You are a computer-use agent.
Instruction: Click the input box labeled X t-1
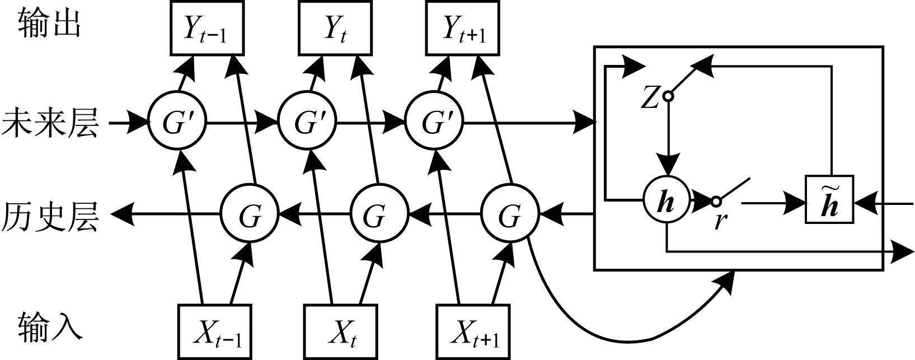click(x=215, y=331)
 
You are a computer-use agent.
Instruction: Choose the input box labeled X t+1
click(x=473, y=331)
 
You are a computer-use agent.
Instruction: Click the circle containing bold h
click(x=666, y=200)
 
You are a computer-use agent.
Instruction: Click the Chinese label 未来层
click(x=50, y=123)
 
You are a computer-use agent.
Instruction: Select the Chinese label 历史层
click(x=50, y=216)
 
